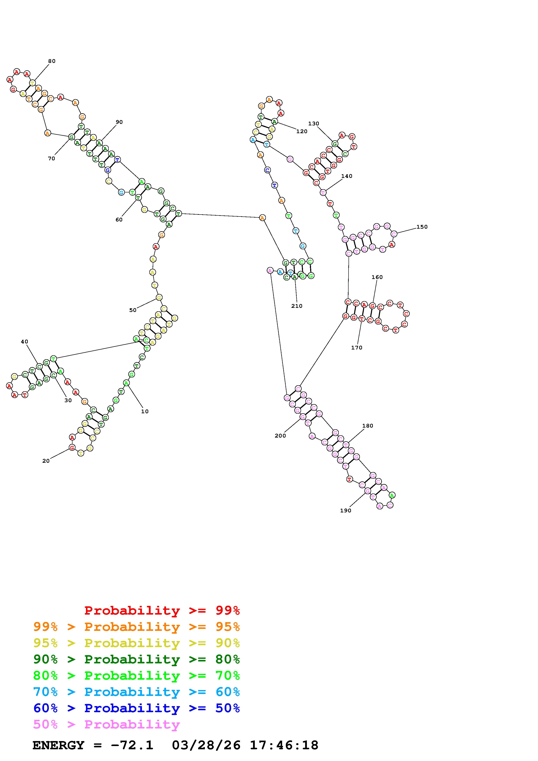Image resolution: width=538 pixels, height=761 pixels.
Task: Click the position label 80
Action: [52, 61]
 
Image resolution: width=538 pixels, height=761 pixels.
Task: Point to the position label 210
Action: [297, 306]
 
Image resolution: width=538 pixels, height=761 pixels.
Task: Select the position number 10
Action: [145, 411]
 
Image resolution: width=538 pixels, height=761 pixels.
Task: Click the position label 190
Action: [346, 510]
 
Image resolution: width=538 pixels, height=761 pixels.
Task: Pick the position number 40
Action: [25, 341]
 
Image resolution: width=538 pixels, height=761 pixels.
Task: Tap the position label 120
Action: [302, 131]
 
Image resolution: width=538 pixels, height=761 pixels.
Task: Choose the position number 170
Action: [357, 348]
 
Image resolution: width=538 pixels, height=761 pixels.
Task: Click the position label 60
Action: [119, 220]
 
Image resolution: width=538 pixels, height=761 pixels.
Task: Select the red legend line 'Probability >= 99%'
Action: [162, 610]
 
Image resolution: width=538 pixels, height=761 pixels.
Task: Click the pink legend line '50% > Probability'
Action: [106, 725]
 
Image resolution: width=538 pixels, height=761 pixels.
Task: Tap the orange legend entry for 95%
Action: [136, 627]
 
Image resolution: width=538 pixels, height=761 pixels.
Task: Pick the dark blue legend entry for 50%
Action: [136, 708]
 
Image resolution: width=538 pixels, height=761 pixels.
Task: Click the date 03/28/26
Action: [206, 745]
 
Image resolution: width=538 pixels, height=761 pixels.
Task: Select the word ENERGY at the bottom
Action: [58, 745]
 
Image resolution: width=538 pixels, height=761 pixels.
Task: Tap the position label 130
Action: [314, 124]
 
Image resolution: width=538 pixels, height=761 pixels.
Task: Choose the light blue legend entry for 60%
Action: [136, 692]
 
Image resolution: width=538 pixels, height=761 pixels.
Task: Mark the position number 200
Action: [280, 436]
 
